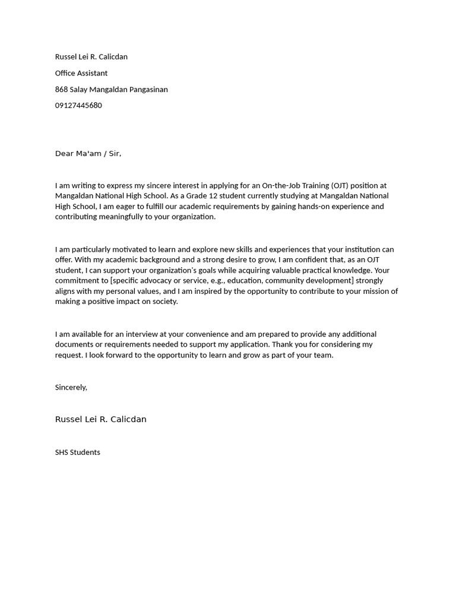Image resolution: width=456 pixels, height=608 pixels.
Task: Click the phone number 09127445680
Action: pyautogui.click(x=78, y=106)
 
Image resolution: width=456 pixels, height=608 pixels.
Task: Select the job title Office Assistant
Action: pyautogui.click(x=81, y=73)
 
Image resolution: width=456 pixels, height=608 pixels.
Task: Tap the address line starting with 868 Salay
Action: pyautogui.click(x=111, y=90)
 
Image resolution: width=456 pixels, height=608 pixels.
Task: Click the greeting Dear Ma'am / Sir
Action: pyautogui.click(x=88, y=154)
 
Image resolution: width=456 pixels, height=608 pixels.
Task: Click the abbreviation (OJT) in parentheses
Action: pyautogui.click(x=335, y=186)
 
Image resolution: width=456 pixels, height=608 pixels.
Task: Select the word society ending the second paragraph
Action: pyautogui.click(x=164, y=301)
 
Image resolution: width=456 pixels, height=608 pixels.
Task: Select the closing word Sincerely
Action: pyautogui.click(x=71, y=387)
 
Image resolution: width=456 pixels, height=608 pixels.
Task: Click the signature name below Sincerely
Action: pyautogui.click(x=100, y=419)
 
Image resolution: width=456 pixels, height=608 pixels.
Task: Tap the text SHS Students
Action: pyautogui.click(x=77, y=452)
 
